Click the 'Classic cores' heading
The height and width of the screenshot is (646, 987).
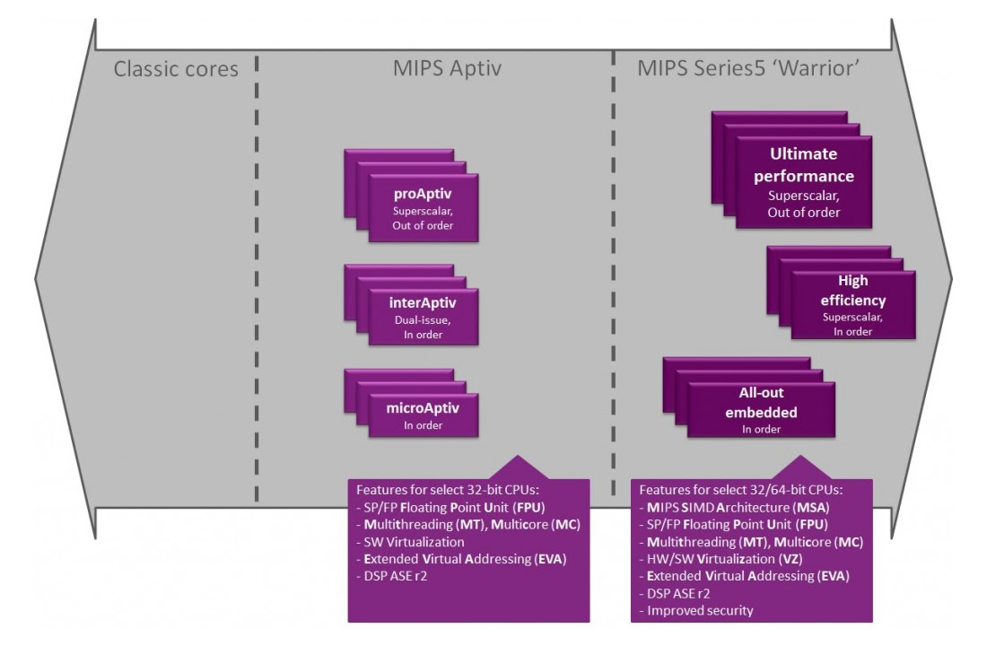pyautogui.click(x=176, y=68)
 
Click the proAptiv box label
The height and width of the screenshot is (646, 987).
pyautogui.click(x=423, y=194)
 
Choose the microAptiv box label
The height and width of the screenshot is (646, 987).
pyautogui.click(x=423, y=408)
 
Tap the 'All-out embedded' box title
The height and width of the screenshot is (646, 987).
pyautogui.click(x=757, y=403)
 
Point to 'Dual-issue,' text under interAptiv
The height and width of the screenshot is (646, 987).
pyautogui.click(x=423, y=319)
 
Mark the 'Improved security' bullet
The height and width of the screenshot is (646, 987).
pyautogui.click(x=694, y=610)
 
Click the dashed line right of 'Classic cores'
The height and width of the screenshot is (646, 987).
pyautogui.click(x=258, y=269)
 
